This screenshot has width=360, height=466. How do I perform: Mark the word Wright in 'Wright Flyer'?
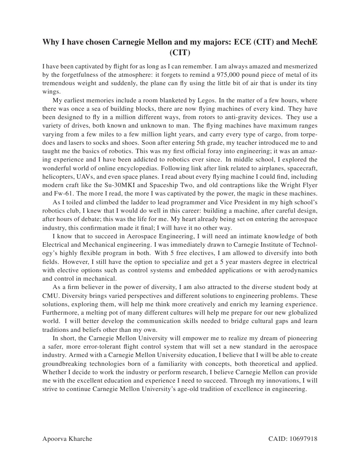(289, 185)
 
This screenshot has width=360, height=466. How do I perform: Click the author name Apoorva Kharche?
(67, 439)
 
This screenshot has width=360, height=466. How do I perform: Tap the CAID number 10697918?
(303, 439)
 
